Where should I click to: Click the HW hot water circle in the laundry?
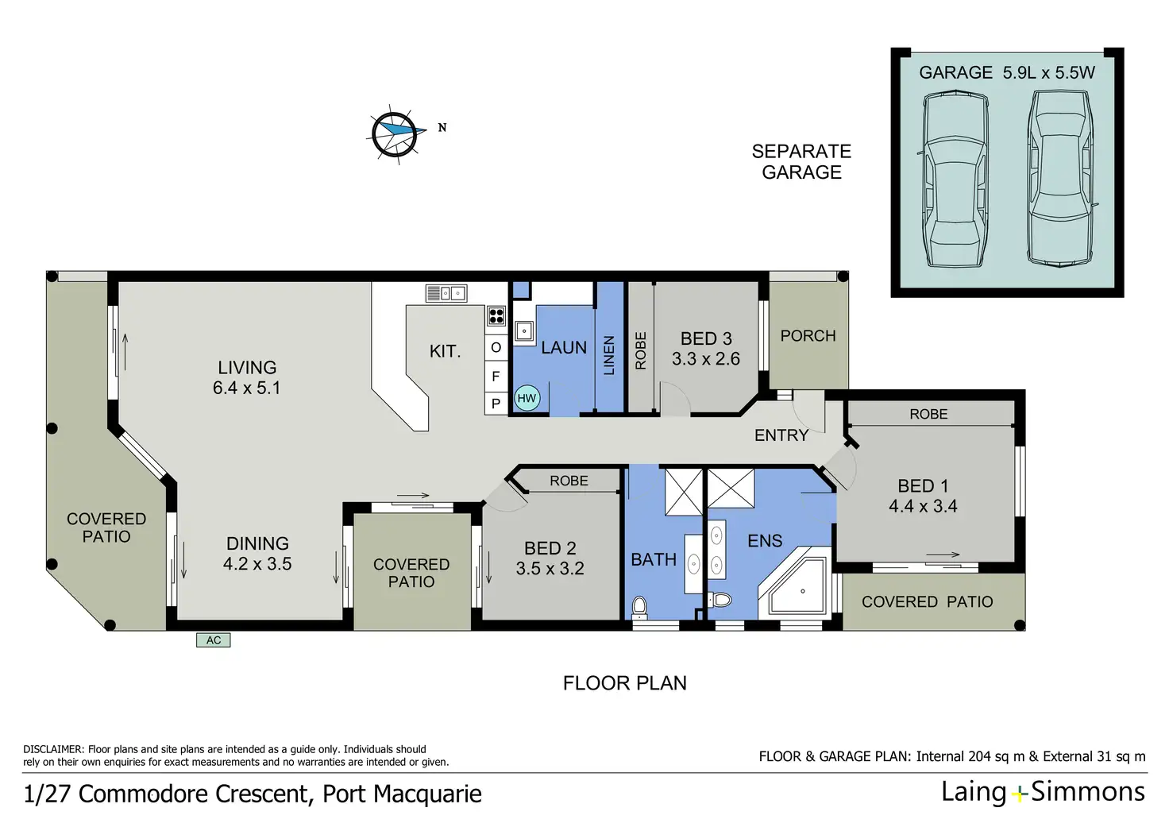(527, 398)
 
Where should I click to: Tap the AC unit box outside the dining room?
(213, 640)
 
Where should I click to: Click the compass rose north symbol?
(395, 134)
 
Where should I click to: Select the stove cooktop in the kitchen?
(496, 316)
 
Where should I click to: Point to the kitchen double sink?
(446, 293)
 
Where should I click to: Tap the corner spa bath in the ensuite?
(794, 584)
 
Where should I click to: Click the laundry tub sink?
(523, 330)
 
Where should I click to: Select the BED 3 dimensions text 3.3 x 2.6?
(705, 358)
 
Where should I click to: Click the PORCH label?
(808, 336)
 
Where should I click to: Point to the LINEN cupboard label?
(609, 355)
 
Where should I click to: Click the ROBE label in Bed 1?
(928, 414)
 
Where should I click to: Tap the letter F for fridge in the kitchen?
(496, 376)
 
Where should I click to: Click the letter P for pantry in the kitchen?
(496, 404)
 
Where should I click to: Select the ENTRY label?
(781, 435)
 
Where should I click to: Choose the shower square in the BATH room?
(684, 493)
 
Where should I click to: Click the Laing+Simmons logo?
(1043, 793)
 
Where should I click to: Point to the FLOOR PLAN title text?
(625, 683)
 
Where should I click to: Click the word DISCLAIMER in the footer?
(52, 749)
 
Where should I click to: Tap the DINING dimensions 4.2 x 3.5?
(257, 564)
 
